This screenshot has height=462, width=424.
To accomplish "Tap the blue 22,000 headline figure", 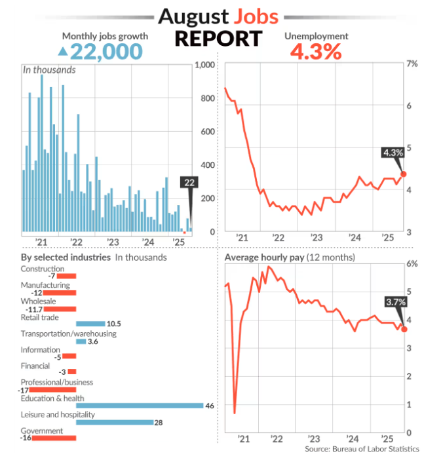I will tap(107, 52).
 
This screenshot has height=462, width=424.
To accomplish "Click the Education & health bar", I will tap(140, 406).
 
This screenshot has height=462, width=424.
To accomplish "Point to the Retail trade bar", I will tap(90, 324).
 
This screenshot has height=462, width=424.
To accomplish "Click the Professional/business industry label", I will tap(57, 382).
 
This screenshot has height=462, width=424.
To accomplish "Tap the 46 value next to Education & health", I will tap(210, 406).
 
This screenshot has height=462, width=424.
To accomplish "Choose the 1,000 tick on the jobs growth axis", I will tap(205, 64).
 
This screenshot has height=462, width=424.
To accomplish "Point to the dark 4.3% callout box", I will tap(393, 153).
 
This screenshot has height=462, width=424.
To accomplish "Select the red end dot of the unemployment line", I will tap(404, 174).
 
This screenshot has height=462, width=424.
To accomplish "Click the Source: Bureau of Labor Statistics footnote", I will tap(362, 449).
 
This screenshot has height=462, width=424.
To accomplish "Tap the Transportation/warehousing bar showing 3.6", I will tap(81, 341).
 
